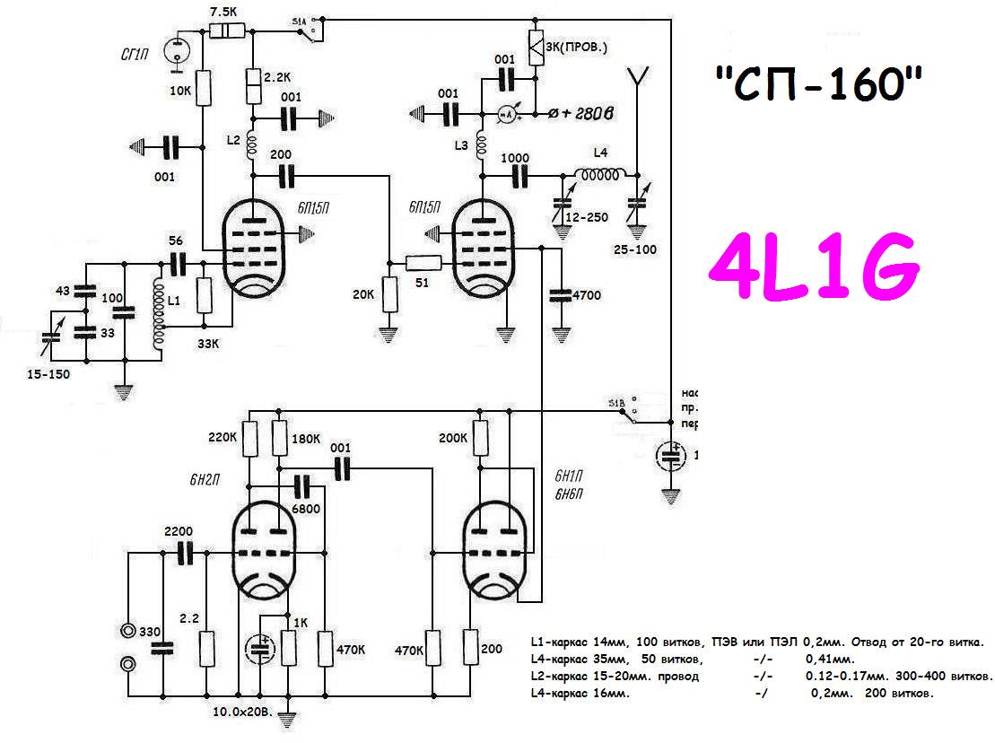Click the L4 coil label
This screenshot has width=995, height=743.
pos(601,154)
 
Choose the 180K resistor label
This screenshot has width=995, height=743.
pos(307,439)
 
